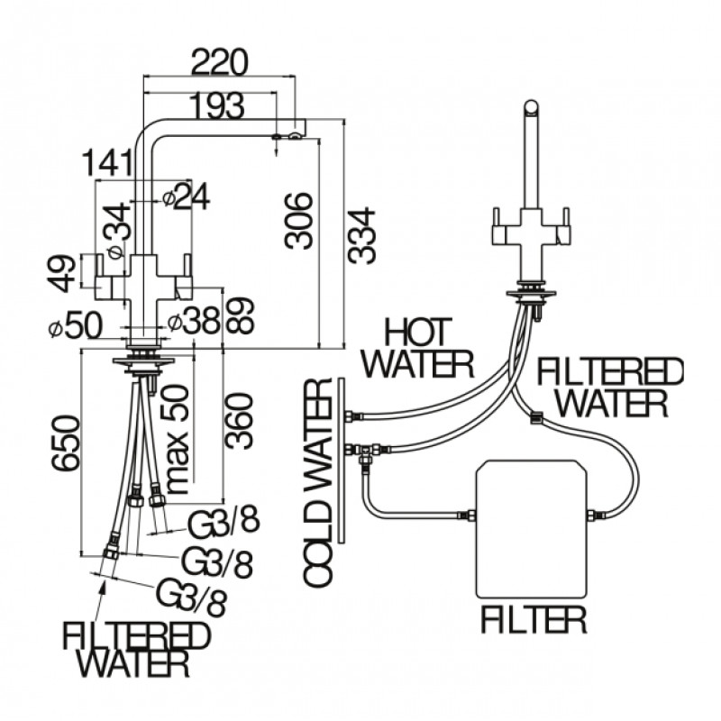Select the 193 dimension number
tap(216, 105)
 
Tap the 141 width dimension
tap(107, 163)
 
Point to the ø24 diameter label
tap(186, 196)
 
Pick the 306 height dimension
tap(298, 221)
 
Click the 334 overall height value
tap(361, 236)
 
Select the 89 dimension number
tap(239, 315)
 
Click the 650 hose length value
tap(65, 443)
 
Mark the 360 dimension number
tap(239, 421)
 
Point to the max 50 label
tap(176, 439)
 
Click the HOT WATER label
tap(417, 348)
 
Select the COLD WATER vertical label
tap(317, 483)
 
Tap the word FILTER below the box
tap(534, 620)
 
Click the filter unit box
tap(531, 529)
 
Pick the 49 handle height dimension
tap(61, 274)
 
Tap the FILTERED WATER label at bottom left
tap(136, 649)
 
